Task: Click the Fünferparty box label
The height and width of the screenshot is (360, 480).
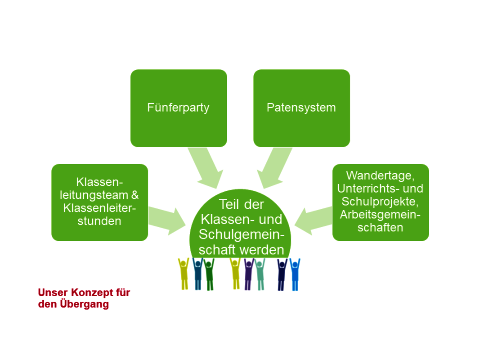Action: [178, 108]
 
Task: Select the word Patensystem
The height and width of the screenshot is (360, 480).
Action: [301, 108]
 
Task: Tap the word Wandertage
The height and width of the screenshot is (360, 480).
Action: [380, 175]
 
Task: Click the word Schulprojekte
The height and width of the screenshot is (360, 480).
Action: [380, 202]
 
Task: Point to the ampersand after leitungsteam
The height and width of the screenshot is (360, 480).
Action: [135, 195]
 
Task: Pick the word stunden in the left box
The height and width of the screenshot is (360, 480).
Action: [99, 221]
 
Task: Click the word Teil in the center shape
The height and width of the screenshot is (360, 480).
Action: [229, 204]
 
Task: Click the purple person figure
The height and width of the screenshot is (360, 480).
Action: [249, 274]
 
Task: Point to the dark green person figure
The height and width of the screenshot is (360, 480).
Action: [209, 274]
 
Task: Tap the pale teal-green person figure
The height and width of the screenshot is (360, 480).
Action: [260, 274]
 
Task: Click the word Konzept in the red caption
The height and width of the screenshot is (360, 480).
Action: [93, 292]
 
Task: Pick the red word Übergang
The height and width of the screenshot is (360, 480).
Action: [85, 304]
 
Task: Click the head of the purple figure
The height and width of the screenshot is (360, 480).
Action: [249, 264]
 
